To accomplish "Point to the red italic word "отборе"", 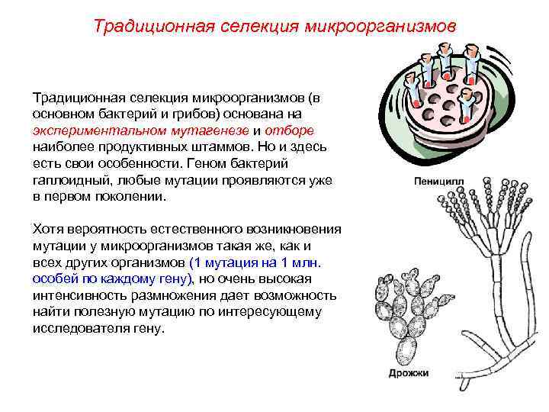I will pyautogui.click(x=300, y=130).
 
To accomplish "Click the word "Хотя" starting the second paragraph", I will pyautogui.click(x=47, y=230).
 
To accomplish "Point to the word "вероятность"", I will pyautogui.click(x=101, y=230).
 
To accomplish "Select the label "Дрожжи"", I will pyautogui.click(x=408, y=373).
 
